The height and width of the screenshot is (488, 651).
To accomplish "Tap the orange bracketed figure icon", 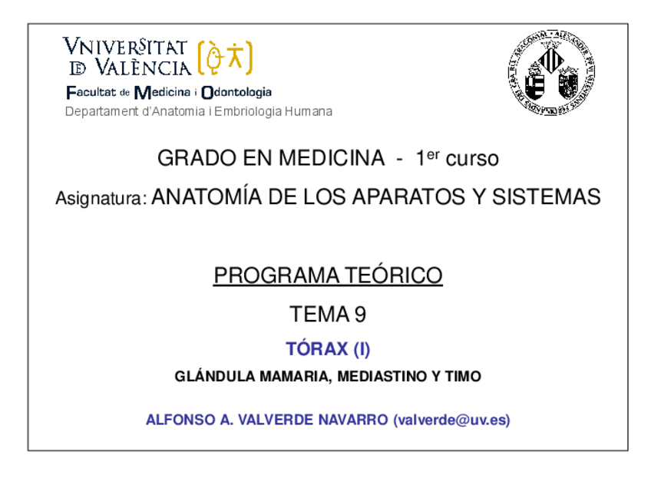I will (225, 58).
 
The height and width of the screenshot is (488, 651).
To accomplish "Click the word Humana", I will (308, 112).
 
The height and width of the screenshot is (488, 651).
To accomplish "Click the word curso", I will (472, 160).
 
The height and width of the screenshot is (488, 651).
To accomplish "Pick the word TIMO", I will (463, 377).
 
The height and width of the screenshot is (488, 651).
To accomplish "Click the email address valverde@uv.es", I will (451, 420).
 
